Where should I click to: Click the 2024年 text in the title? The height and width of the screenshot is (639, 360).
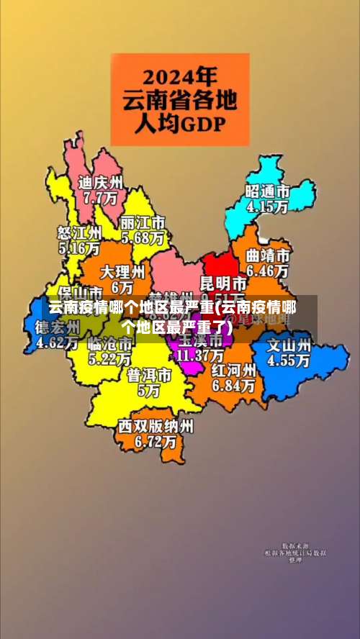179,76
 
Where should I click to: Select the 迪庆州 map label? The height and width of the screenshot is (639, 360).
101,182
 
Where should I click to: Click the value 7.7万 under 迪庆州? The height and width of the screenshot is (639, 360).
100,196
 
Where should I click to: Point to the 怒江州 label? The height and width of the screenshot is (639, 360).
79,233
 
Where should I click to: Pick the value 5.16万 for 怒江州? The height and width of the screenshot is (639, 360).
78,248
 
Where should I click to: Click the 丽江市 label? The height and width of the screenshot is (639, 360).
143,222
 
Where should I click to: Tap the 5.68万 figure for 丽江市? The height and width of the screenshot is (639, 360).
143,236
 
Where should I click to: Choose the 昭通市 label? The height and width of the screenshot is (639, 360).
267,191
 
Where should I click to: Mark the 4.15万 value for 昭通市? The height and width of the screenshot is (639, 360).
267,206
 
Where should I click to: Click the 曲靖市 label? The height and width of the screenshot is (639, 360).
268,256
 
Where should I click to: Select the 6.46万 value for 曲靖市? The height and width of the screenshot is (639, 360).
268,271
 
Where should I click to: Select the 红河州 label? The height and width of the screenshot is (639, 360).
233,371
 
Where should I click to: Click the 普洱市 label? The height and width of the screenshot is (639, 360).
149,376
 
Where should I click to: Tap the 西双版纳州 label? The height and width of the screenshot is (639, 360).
156,426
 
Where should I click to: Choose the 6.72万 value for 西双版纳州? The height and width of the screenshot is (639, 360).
156,441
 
